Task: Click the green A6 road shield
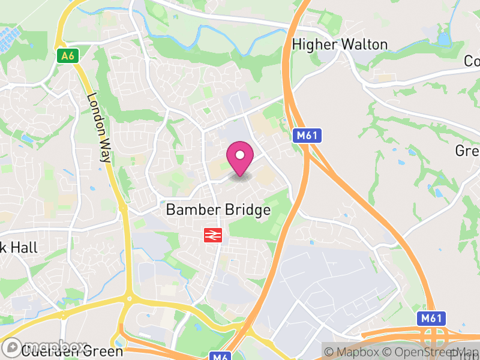point(68,56)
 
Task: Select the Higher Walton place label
point(340,44)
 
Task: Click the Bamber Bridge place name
point(218,210)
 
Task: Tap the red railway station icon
point(212,235)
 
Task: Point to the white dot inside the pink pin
point(240,155)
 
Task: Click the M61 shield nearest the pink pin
point(307,136)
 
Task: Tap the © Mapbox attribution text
point(355,352)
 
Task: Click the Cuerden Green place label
point(72,352)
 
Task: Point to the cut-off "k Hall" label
point(19,247)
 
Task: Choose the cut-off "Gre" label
point(467,151)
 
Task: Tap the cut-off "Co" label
point(472,61)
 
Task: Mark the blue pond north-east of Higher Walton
point(443,40)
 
